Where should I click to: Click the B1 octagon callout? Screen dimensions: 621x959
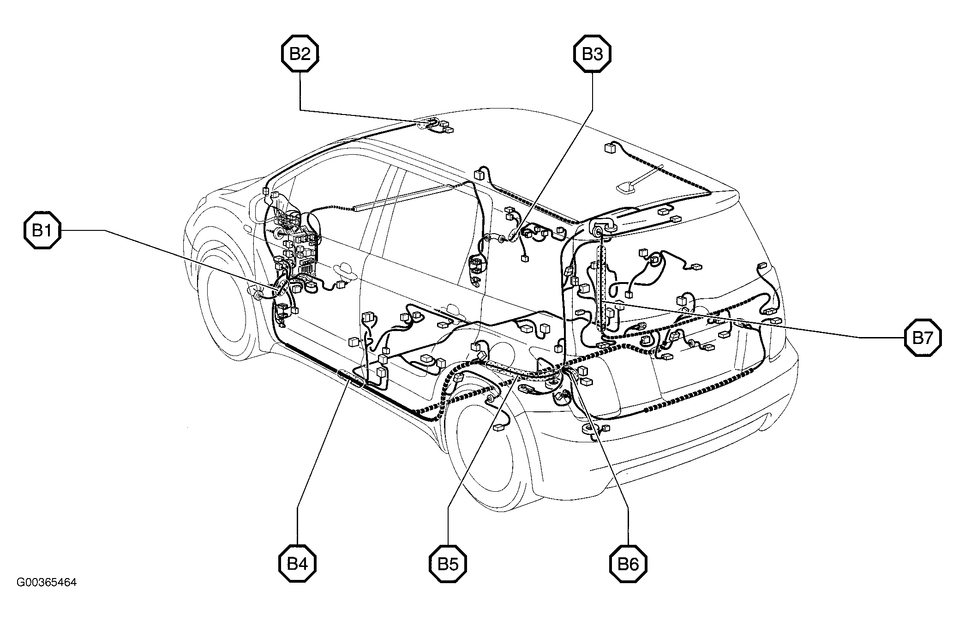tap(42, 230)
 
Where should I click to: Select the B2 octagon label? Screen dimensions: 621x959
tap(300, 54)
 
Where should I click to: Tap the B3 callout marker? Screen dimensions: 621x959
tap(592, 54)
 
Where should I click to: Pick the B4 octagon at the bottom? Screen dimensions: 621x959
tap(297, 564)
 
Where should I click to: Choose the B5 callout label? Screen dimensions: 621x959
tap(448, 564)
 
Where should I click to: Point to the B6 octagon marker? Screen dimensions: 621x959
tap(628, 564)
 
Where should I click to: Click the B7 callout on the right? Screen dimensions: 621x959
tap(923, 338)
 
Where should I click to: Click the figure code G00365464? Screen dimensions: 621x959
tap(47, 582)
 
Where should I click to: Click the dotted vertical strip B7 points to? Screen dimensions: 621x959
tap(601, 289)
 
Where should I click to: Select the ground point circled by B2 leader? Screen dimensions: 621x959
tap(428, 124)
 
